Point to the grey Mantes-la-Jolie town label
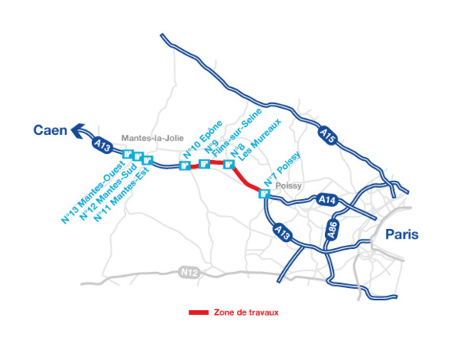(x=152, y=138)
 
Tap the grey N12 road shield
(x=188, y=272)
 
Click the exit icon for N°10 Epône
(x=185, y=166)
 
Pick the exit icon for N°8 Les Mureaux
(x=228, y=165)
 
